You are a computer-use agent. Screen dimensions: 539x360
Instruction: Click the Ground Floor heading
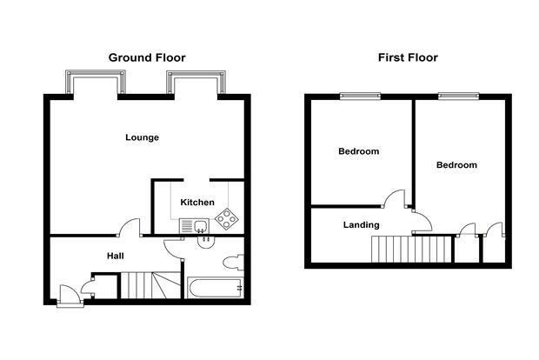147,57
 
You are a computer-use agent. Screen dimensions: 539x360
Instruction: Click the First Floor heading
408,57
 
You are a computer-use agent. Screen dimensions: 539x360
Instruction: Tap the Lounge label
142,137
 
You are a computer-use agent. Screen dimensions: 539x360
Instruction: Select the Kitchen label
197,203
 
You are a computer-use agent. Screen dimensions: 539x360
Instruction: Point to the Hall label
115,256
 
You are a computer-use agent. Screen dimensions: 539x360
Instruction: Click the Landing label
362,225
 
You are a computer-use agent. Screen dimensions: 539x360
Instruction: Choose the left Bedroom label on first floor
358,151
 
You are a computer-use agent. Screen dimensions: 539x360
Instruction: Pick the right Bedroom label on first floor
456,165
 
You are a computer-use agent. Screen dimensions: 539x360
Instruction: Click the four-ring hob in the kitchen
227,218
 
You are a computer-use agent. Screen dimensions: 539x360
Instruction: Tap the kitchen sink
194,226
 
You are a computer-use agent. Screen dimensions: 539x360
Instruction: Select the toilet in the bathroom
233,263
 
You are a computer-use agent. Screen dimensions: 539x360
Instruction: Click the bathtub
216,288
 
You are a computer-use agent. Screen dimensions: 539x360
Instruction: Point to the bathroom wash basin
206,242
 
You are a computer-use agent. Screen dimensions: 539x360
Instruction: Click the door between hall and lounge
130,227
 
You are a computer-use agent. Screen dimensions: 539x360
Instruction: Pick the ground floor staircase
150,285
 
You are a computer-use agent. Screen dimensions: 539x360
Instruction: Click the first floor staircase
411,249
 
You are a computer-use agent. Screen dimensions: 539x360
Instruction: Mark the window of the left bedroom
360,96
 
